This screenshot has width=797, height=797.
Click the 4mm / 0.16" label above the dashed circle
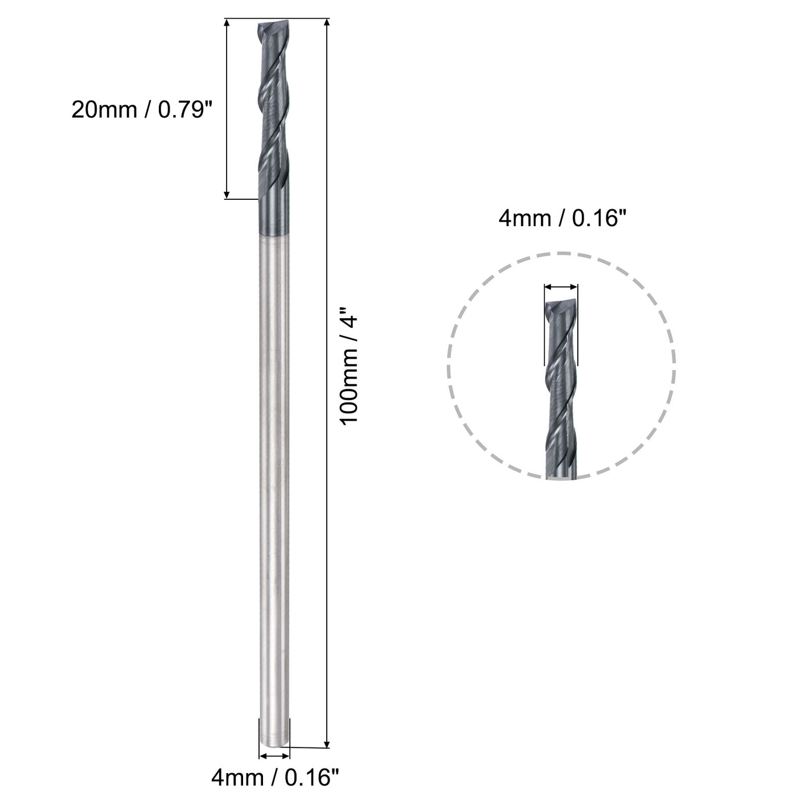click(558, 218)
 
